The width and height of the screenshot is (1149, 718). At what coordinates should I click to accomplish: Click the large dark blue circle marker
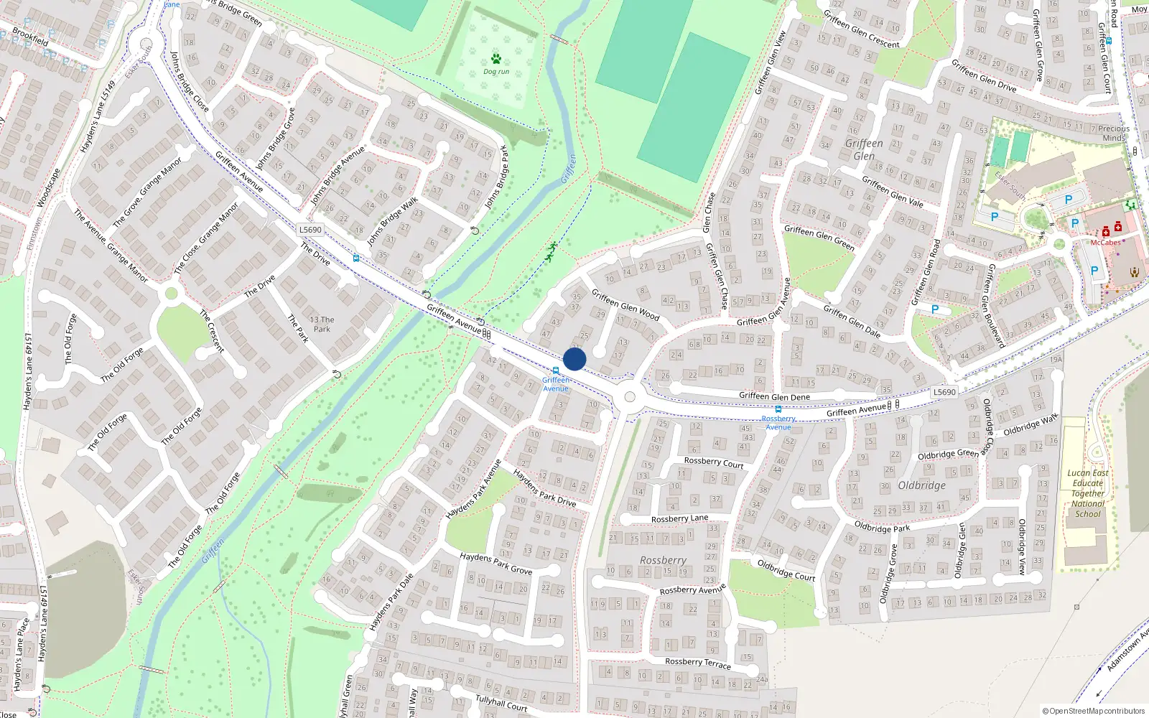(x=574, y=359)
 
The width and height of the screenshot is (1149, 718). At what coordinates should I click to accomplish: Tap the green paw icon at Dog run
(x=496, y=59)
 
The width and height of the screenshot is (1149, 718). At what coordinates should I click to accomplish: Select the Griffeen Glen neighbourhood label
(x=864, y=149)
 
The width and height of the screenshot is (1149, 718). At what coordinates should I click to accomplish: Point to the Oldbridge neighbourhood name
(x=921, y=485)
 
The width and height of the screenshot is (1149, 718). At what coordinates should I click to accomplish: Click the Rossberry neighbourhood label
(x=663, y=560)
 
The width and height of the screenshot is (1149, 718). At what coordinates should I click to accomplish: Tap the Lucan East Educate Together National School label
(x=1088, y=493)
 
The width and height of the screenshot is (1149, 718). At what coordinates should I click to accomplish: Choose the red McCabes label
(x=1105, y=243)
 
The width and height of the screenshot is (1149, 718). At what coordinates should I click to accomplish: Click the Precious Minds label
(x=1113, y=133)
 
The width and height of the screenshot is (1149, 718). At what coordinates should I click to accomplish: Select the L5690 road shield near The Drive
(x=310, y=230)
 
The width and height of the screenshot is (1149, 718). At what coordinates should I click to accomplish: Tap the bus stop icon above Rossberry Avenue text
(x=778, y=409)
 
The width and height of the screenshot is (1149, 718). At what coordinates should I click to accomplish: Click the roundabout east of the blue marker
(x=630, y=397)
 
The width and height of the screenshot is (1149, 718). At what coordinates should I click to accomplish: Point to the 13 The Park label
(x=322, y=325)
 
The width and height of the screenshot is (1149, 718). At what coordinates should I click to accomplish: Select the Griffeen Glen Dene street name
(x=774, y=396)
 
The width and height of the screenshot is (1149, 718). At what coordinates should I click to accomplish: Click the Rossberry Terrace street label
(x=697, y=663)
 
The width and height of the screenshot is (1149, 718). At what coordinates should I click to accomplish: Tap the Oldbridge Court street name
(x=786, y=570)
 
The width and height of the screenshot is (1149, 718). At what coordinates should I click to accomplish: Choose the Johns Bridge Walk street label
(x=392, y=222)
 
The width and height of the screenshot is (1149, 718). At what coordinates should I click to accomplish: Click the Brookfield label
(x=30, y=36)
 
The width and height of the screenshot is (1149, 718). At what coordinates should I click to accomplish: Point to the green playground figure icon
(x=551, y=251)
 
